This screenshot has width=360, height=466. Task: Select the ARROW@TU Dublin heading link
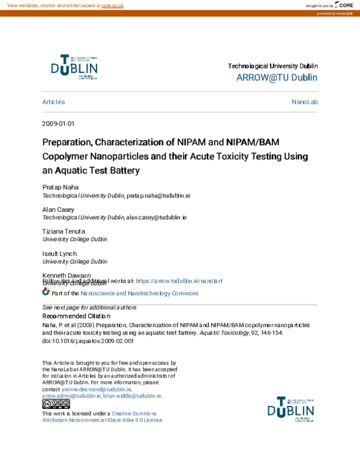click(277, 77)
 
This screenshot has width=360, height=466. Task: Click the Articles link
click(53, 102)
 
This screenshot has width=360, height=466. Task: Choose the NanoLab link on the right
click(304, 102)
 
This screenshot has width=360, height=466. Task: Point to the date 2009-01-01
click(58, 124)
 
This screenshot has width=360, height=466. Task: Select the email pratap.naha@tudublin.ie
click(158, 196)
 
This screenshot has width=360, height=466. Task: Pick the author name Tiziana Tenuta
click(64, 231)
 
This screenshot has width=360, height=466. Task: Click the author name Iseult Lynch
click(59, 253)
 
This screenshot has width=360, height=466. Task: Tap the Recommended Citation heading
click(76, 316)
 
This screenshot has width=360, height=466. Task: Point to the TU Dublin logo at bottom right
click(291, 410)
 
